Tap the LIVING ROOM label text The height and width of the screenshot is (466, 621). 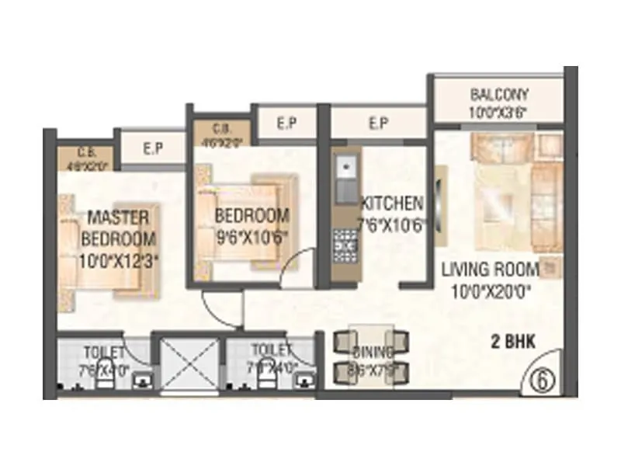[x=490, y=270]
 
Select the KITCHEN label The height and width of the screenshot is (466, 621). [x=392, y=203]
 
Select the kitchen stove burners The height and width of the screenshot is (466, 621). [x=342, y=243]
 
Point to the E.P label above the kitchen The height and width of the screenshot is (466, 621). [x=378, y=122]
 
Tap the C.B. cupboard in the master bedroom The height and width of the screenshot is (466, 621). [x=86, y=158]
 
